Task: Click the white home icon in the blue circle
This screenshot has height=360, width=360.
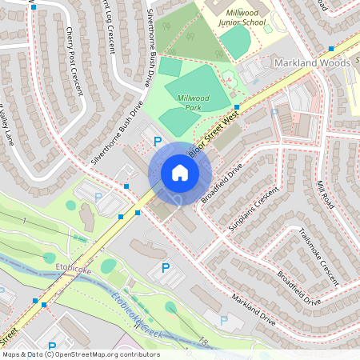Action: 180,173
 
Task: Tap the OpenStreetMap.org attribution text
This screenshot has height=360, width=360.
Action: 110,354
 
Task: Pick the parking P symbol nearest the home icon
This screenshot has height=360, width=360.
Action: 158,142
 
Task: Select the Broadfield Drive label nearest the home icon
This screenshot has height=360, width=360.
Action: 222,183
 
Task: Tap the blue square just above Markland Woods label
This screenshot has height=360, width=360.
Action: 330,49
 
